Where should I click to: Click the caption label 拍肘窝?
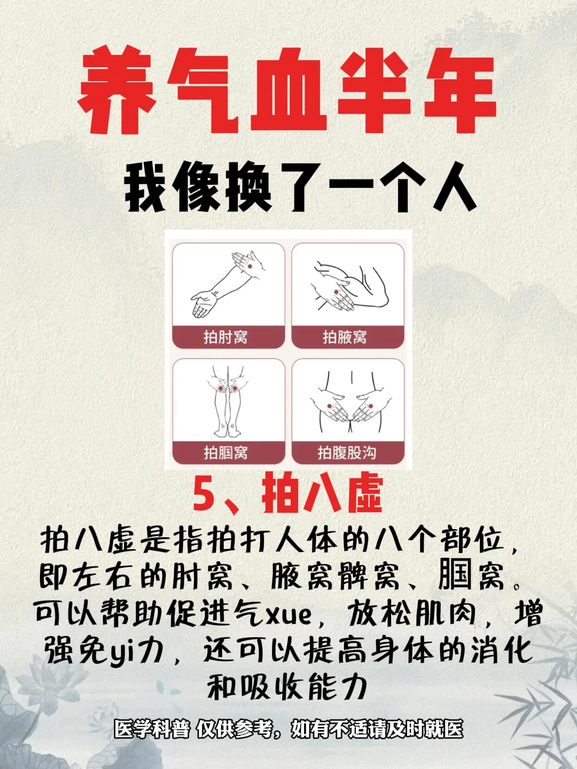[225, 337]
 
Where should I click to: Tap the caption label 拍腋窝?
[345, 337]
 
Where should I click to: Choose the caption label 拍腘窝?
[225, 453]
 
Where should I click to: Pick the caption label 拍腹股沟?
[347, 453]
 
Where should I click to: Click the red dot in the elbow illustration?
[250, 266]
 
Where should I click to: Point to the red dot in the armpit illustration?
[337, 292]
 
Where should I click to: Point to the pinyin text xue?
[289, 616]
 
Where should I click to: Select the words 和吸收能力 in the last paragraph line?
[287, 687]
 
